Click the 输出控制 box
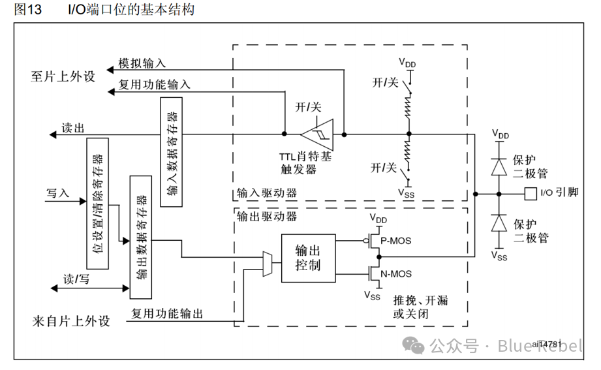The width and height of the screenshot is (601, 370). (309, 258)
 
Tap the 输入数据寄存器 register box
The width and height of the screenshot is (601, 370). (171, 151)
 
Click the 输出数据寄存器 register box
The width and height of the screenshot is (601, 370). (141, 236)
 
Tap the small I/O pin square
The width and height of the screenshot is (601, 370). (529, 194)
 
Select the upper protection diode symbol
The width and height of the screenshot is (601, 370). (499, 165)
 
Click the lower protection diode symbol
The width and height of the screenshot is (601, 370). (499, 223)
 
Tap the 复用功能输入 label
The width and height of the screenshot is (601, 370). (154, 84)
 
